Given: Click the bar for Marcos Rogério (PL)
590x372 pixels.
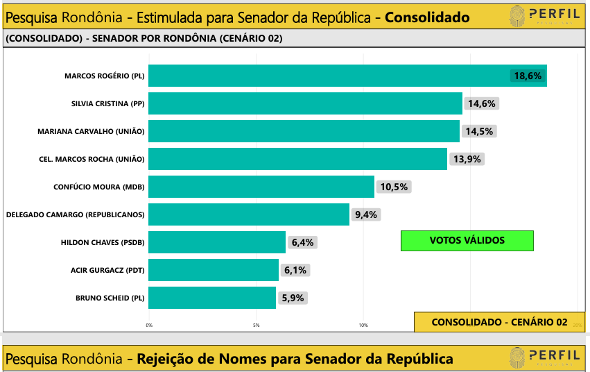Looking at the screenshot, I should pos(347,76).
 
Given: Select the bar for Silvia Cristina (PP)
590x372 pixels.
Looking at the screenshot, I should pos(305,103).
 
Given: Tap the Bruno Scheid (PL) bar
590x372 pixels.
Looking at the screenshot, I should pos(212,298).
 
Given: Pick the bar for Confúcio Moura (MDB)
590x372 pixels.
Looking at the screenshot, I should pos(261,187).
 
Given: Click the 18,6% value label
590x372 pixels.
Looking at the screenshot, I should pos(528,76).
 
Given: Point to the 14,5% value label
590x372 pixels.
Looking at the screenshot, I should pos(481,131).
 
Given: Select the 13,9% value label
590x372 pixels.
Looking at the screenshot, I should pos(468,159).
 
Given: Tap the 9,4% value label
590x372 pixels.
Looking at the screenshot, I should pos(365,214).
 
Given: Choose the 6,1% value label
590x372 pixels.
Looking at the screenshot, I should pos(295,270).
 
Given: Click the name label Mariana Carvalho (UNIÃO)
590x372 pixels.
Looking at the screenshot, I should pos(91,131).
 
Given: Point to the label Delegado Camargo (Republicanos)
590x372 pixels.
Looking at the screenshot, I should pos(75,214).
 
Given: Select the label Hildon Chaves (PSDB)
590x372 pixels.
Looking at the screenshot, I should pos(103,242).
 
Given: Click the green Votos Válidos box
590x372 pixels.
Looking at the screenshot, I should pos(467,241).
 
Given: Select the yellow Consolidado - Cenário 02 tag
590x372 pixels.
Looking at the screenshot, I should pos(499,322).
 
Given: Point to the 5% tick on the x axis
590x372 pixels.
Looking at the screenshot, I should pos(256,325).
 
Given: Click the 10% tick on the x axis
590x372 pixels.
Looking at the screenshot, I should pos(363,325).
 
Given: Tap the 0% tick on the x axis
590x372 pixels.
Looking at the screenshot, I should pos(149,325).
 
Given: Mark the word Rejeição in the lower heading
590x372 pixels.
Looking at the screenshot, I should pos(169,359).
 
